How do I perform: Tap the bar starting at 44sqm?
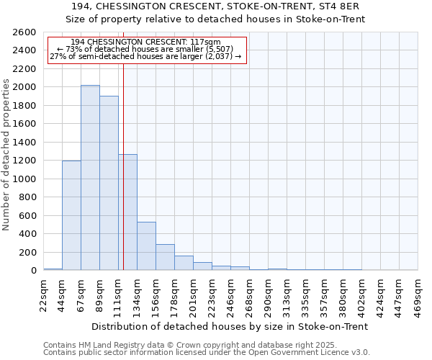point(71,215)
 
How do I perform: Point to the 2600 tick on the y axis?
point(26,32)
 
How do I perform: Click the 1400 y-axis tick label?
point(26,143)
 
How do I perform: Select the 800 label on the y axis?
point(29,197)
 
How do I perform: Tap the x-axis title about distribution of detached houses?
point(230,326)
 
